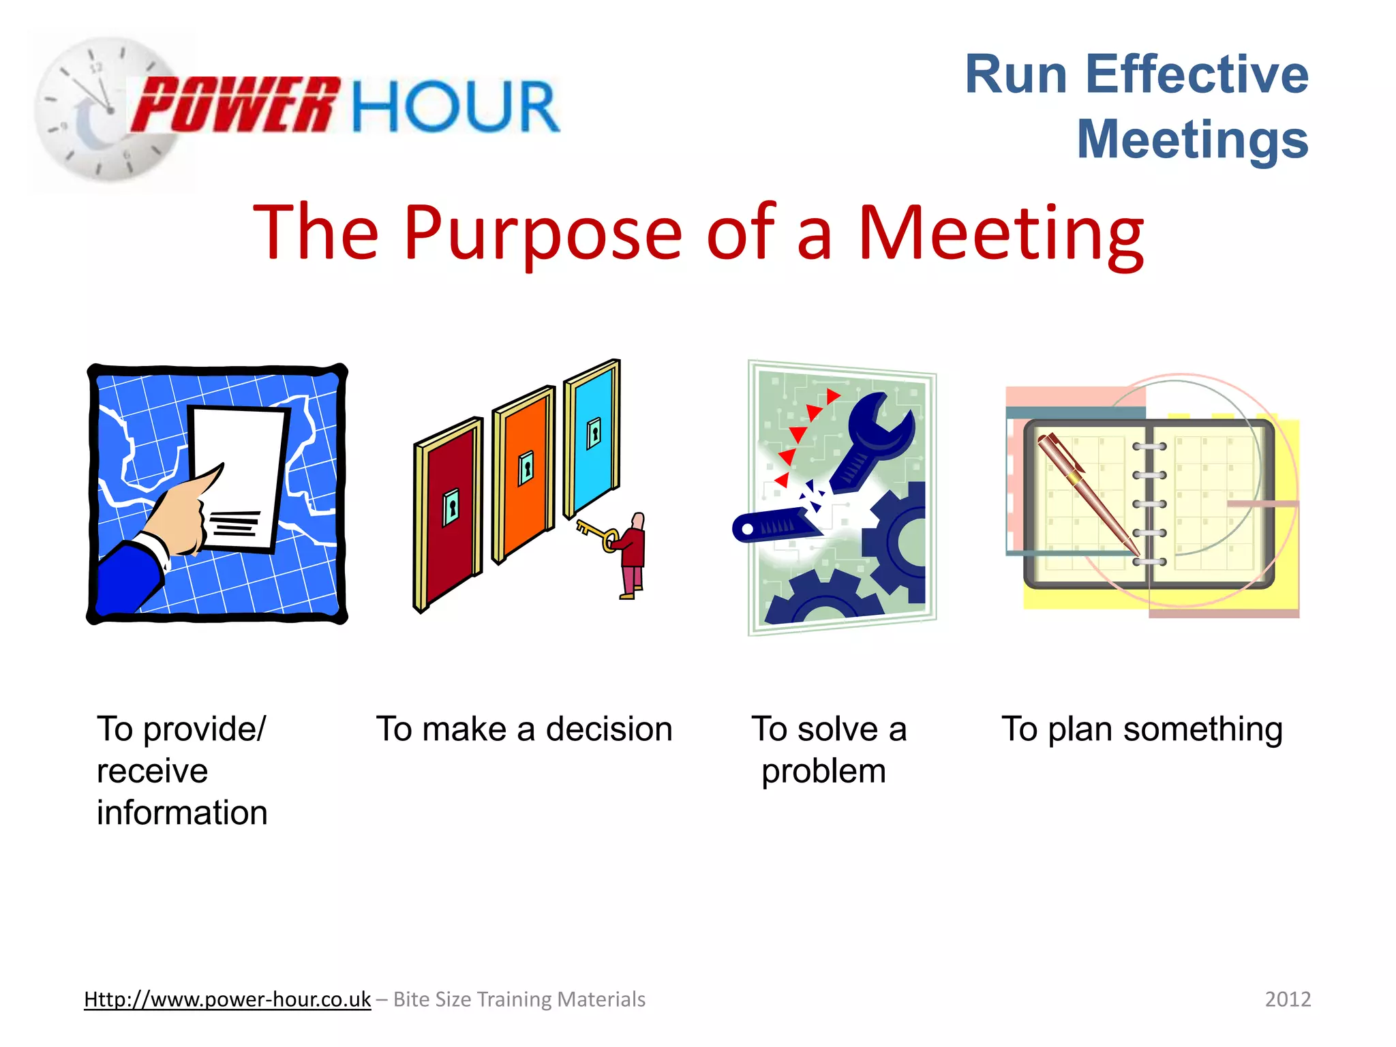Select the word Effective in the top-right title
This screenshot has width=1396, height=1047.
click(1196, 74)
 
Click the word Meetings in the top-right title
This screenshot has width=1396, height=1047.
click(1192, 139)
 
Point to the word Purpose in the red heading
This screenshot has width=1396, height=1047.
click(542, 234)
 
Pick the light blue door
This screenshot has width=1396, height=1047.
click(592, 436)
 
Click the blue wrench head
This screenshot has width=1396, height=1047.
click(879, 426)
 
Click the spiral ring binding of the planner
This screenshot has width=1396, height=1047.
click(1149, 504)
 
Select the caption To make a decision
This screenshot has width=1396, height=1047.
click(524, 729)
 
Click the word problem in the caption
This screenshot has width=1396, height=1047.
click(823, 772)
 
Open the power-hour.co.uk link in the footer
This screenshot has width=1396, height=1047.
click(227, 999)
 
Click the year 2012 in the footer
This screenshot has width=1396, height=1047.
click(1287, 999)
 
